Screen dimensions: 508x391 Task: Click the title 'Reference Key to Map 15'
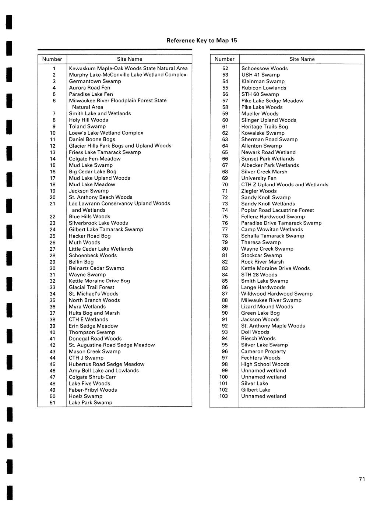pos(201,40)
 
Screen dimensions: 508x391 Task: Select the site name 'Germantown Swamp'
pos(95,81)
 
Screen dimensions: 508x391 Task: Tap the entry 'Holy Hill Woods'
pos(88,120)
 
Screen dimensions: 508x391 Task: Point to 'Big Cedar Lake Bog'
pos(92,172)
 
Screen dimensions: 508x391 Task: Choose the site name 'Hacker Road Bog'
pos(89,236)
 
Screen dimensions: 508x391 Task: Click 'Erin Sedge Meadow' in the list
pos(93,326)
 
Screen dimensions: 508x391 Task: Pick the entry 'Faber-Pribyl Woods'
pos(93,390)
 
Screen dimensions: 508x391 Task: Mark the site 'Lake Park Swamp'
pos(90,403)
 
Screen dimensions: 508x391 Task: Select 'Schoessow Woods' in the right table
pos(264,68)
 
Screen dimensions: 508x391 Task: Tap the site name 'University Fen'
pos(258,178)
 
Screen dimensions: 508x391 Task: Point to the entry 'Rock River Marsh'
pos(262,262)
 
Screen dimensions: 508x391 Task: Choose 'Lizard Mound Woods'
pos(267,307)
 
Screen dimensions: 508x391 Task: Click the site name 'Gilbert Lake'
pos(256,390)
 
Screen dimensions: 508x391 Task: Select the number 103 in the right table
pos(223,396)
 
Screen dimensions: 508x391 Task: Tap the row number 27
pos(52,249)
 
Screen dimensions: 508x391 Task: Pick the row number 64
pos(225,146)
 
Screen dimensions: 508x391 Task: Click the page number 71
pos(362,479)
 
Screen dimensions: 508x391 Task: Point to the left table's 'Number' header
pos(52,59)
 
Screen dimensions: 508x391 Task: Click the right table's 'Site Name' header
pos(302,59)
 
